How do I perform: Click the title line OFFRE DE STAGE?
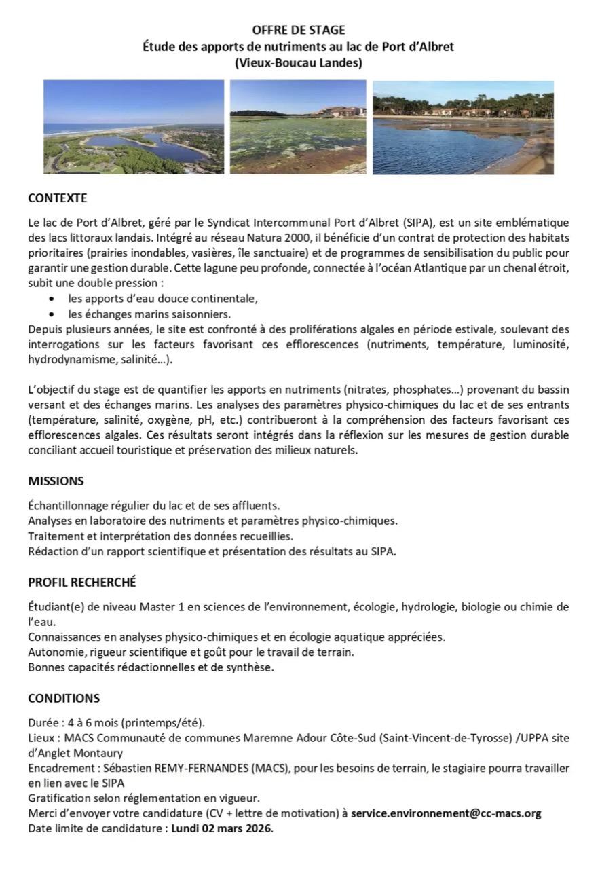299,30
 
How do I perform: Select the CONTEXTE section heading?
58,198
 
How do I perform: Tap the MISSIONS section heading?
56,481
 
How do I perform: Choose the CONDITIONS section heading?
64,698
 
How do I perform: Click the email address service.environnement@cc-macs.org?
446,813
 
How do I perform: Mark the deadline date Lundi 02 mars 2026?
221,828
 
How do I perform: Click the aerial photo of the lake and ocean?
134,127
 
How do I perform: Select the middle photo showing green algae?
298,127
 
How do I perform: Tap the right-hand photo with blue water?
463,127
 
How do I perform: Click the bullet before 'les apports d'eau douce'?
53,299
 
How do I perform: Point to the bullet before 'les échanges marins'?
53,314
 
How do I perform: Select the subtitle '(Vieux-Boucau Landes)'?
299,63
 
